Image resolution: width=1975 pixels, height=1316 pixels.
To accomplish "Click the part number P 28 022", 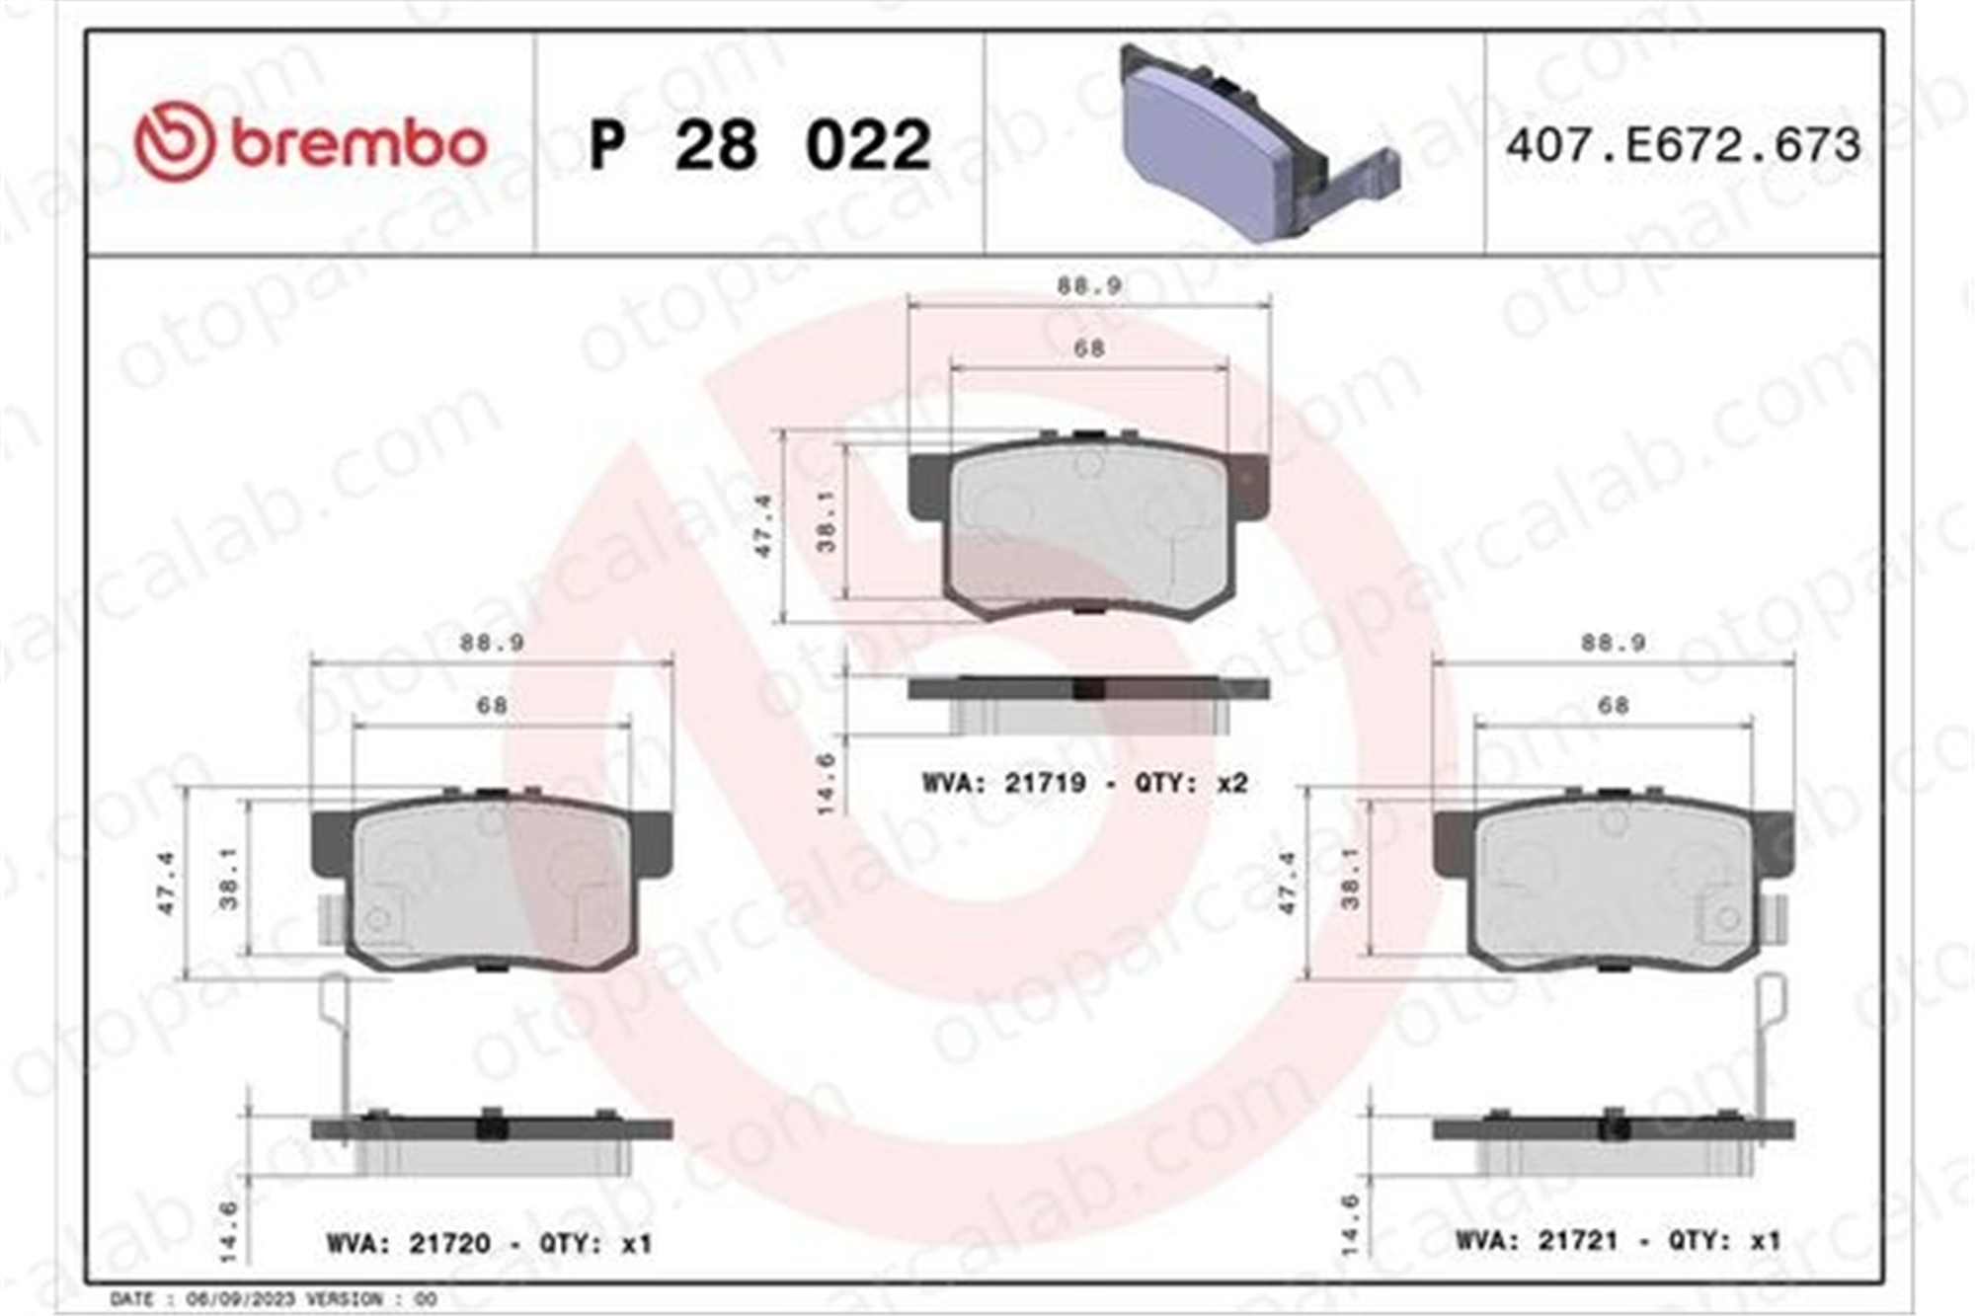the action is tap(759, 145).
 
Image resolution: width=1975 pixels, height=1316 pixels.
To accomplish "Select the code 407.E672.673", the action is tap(1683, 145).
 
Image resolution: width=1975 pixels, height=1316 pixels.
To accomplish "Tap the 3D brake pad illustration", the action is tap(1259, 142).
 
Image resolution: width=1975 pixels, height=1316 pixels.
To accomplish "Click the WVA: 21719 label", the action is tap(1004, 783).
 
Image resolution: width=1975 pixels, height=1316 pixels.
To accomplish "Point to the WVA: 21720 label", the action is tap(408, 1243).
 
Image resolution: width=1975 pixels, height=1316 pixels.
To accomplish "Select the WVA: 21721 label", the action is tap(1537, 1241).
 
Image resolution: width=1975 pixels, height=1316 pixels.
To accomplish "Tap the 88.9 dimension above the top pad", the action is tap(1088, 286).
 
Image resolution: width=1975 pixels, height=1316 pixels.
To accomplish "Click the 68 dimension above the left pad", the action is tap(492, 706).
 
